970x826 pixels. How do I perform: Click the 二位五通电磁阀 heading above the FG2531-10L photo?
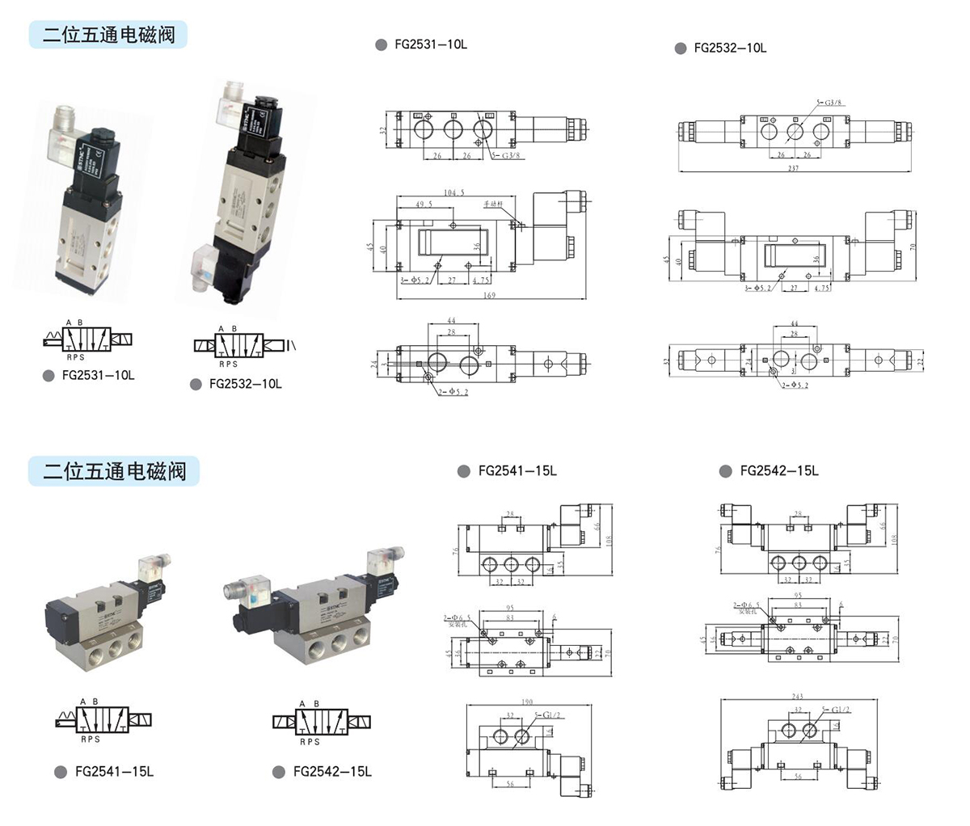pos(108,35)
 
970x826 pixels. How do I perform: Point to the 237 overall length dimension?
pos(793,168)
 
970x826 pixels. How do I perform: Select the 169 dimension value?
pos(489,296)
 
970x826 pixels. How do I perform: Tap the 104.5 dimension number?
pos(454,193)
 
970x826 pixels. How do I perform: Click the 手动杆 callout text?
pos(493,204)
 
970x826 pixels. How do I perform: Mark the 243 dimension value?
pos(797,697)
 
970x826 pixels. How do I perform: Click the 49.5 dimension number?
pos(424,205)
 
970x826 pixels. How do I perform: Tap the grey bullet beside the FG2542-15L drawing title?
pos(725,471)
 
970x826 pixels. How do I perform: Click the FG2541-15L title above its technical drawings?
pos(517,471)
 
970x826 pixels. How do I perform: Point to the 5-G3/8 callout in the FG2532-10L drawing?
pos(830,103)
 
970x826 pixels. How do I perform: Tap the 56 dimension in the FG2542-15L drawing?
pos(798,777)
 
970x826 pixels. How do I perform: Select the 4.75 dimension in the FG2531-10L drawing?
pos(482,280)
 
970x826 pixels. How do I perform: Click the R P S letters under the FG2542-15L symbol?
pos(310,741)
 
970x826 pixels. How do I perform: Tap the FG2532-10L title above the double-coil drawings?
pos(730,48)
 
